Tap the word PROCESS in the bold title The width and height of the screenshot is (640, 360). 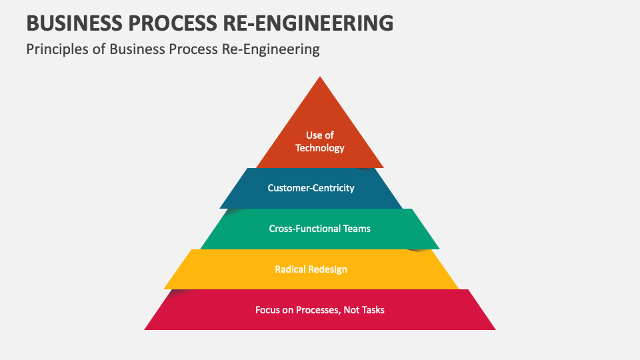pos(173,23)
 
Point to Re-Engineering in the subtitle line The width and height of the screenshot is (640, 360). pos(270,49)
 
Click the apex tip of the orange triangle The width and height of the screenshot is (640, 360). pos(320,77)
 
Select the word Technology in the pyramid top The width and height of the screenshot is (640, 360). pos(320,148)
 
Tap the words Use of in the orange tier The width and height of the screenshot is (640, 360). pos(320,135)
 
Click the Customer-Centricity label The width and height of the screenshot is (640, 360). pos(311,188)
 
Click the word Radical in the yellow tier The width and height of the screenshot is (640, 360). pos(291,269)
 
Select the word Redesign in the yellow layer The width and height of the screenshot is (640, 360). pos(329,269)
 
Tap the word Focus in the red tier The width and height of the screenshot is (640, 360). pos(268,310)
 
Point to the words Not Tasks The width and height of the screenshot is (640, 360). pos(364,310)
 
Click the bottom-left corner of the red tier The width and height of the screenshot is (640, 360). pos(146,329)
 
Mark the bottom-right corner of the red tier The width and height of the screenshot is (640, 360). pos(494,329)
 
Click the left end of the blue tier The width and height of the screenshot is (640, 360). pos(222,206)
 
